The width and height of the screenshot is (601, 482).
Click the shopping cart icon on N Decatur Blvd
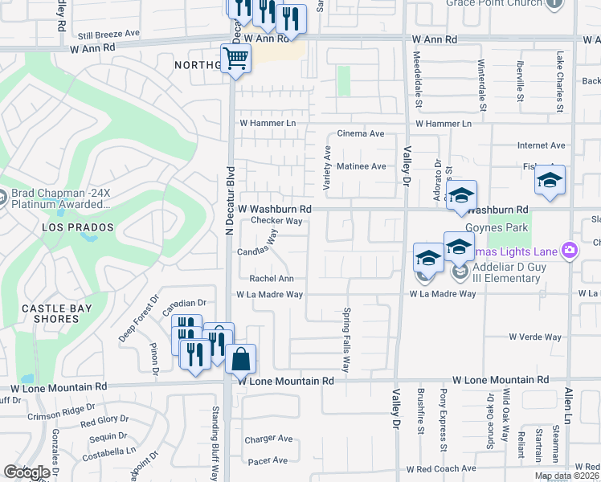235,59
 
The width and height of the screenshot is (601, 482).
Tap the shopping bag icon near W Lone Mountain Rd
241,359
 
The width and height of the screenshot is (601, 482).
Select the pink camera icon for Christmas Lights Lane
570,251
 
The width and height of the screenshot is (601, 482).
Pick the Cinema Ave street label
361,133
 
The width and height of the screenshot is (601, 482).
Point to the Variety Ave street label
327,169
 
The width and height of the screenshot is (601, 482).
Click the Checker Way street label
276,220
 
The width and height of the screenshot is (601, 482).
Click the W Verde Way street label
534,337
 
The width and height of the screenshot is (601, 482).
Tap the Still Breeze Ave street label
108,35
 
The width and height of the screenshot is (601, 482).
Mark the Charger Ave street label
268,439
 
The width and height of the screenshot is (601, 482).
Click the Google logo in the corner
27,472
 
